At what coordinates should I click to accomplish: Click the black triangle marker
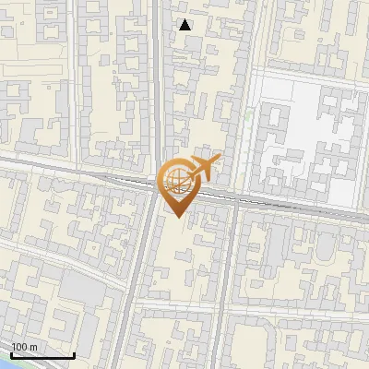point(185,25)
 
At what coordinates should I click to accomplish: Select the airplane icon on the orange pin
point(202,169)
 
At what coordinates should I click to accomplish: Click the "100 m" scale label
point(24,347)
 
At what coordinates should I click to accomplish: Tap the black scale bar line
point(42,355)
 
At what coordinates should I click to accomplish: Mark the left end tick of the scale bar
point(11,353)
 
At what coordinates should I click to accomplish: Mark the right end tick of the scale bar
point(74,353)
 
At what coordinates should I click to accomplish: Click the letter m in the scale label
point(33,347)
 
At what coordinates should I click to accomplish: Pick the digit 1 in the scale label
point(14,347)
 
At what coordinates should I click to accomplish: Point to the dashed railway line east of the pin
point(295,207)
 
